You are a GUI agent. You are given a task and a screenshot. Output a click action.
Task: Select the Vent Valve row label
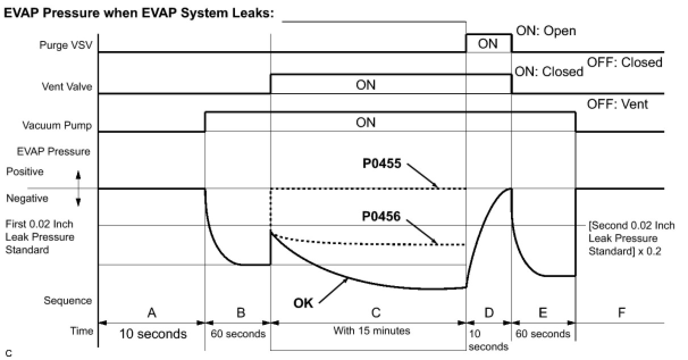click(x=67, y=87)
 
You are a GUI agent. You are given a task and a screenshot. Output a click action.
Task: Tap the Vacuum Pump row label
click(x=57, y=125)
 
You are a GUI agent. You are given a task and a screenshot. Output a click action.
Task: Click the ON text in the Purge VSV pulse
click(x=488, y=44)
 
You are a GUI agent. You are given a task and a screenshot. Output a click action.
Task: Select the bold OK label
click(x=303, y=303)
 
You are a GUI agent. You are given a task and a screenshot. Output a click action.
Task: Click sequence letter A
click(x=152, y=312)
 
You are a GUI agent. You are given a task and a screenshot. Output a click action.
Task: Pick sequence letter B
click(x=240, y=312)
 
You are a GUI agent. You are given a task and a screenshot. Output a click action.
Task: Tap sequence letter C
click(x=375, y=312)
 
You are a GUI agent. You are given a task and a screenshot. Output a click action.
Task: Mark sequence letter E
click(x=543, y=312)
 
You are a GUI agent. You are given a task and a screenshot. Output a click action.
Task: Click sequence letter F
click(x=621, y=312)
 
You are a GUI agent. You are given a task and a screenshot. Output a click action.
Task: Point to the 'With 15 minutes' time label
click(x=372, y=331)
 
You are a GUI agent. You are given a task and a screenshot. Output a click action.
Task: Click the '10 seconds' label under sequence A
click(x=153, y=334)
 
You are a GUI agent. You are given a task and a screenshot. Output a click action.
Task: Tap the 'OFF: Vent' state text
click(x=617, y=104)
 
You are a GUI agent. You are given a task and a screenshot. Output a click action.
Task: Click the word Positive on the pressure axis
click(x=24, y=171)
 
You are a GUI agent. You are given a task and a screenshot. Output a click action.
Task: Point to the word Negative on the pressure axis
click(x=27, y=199)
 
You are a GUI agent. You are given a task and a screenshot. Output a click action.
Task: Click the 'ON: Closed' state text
click(x=548, y=72)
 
